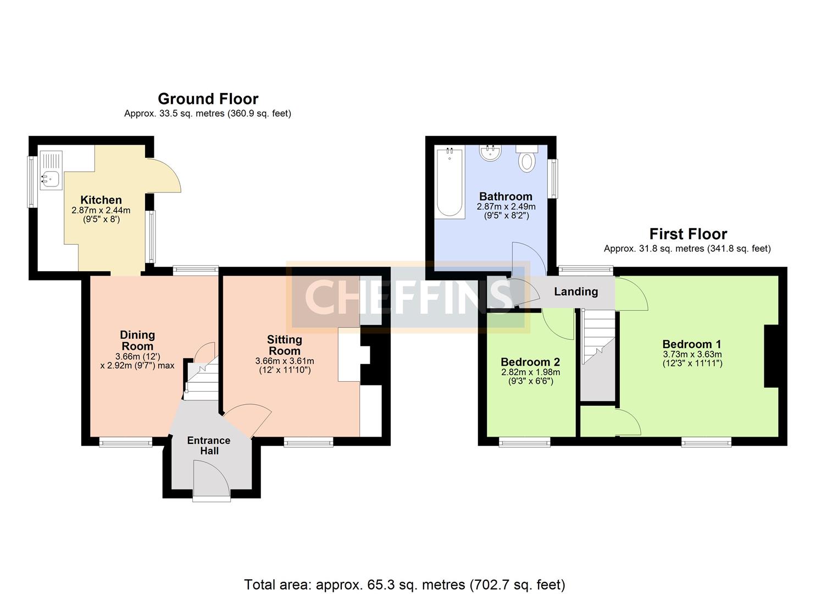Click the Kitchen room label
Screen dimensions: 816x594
[x=101, y=200]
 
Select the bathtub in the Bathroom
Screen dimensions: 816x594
[x=449, y=182]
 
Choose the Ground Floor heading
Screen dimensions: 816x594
[x=208, y=99]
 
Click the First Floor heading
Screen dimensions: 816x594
[x=688, y=234]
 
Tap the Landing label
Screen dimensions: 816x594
[x=576, y=291]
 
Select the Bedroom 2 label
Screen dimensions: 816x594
[x=530, y=362]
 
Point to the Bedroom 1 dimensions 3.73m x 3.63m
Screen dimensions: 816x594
[x=692, y=354]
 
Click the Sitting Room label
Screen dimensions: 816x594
[x=285, y=345]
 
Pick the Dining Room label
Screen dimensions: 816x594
[x=137, y=340]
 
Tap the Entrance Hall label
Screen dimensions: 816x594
[x=209, y=446]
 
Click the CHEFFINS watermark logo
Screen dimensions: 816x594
[x=408, y=297]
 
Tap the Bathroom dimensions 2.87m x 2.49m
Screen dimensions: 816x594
[x=506, y=206]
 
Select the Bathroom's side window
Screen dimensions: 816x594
[x=554, y=179]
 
